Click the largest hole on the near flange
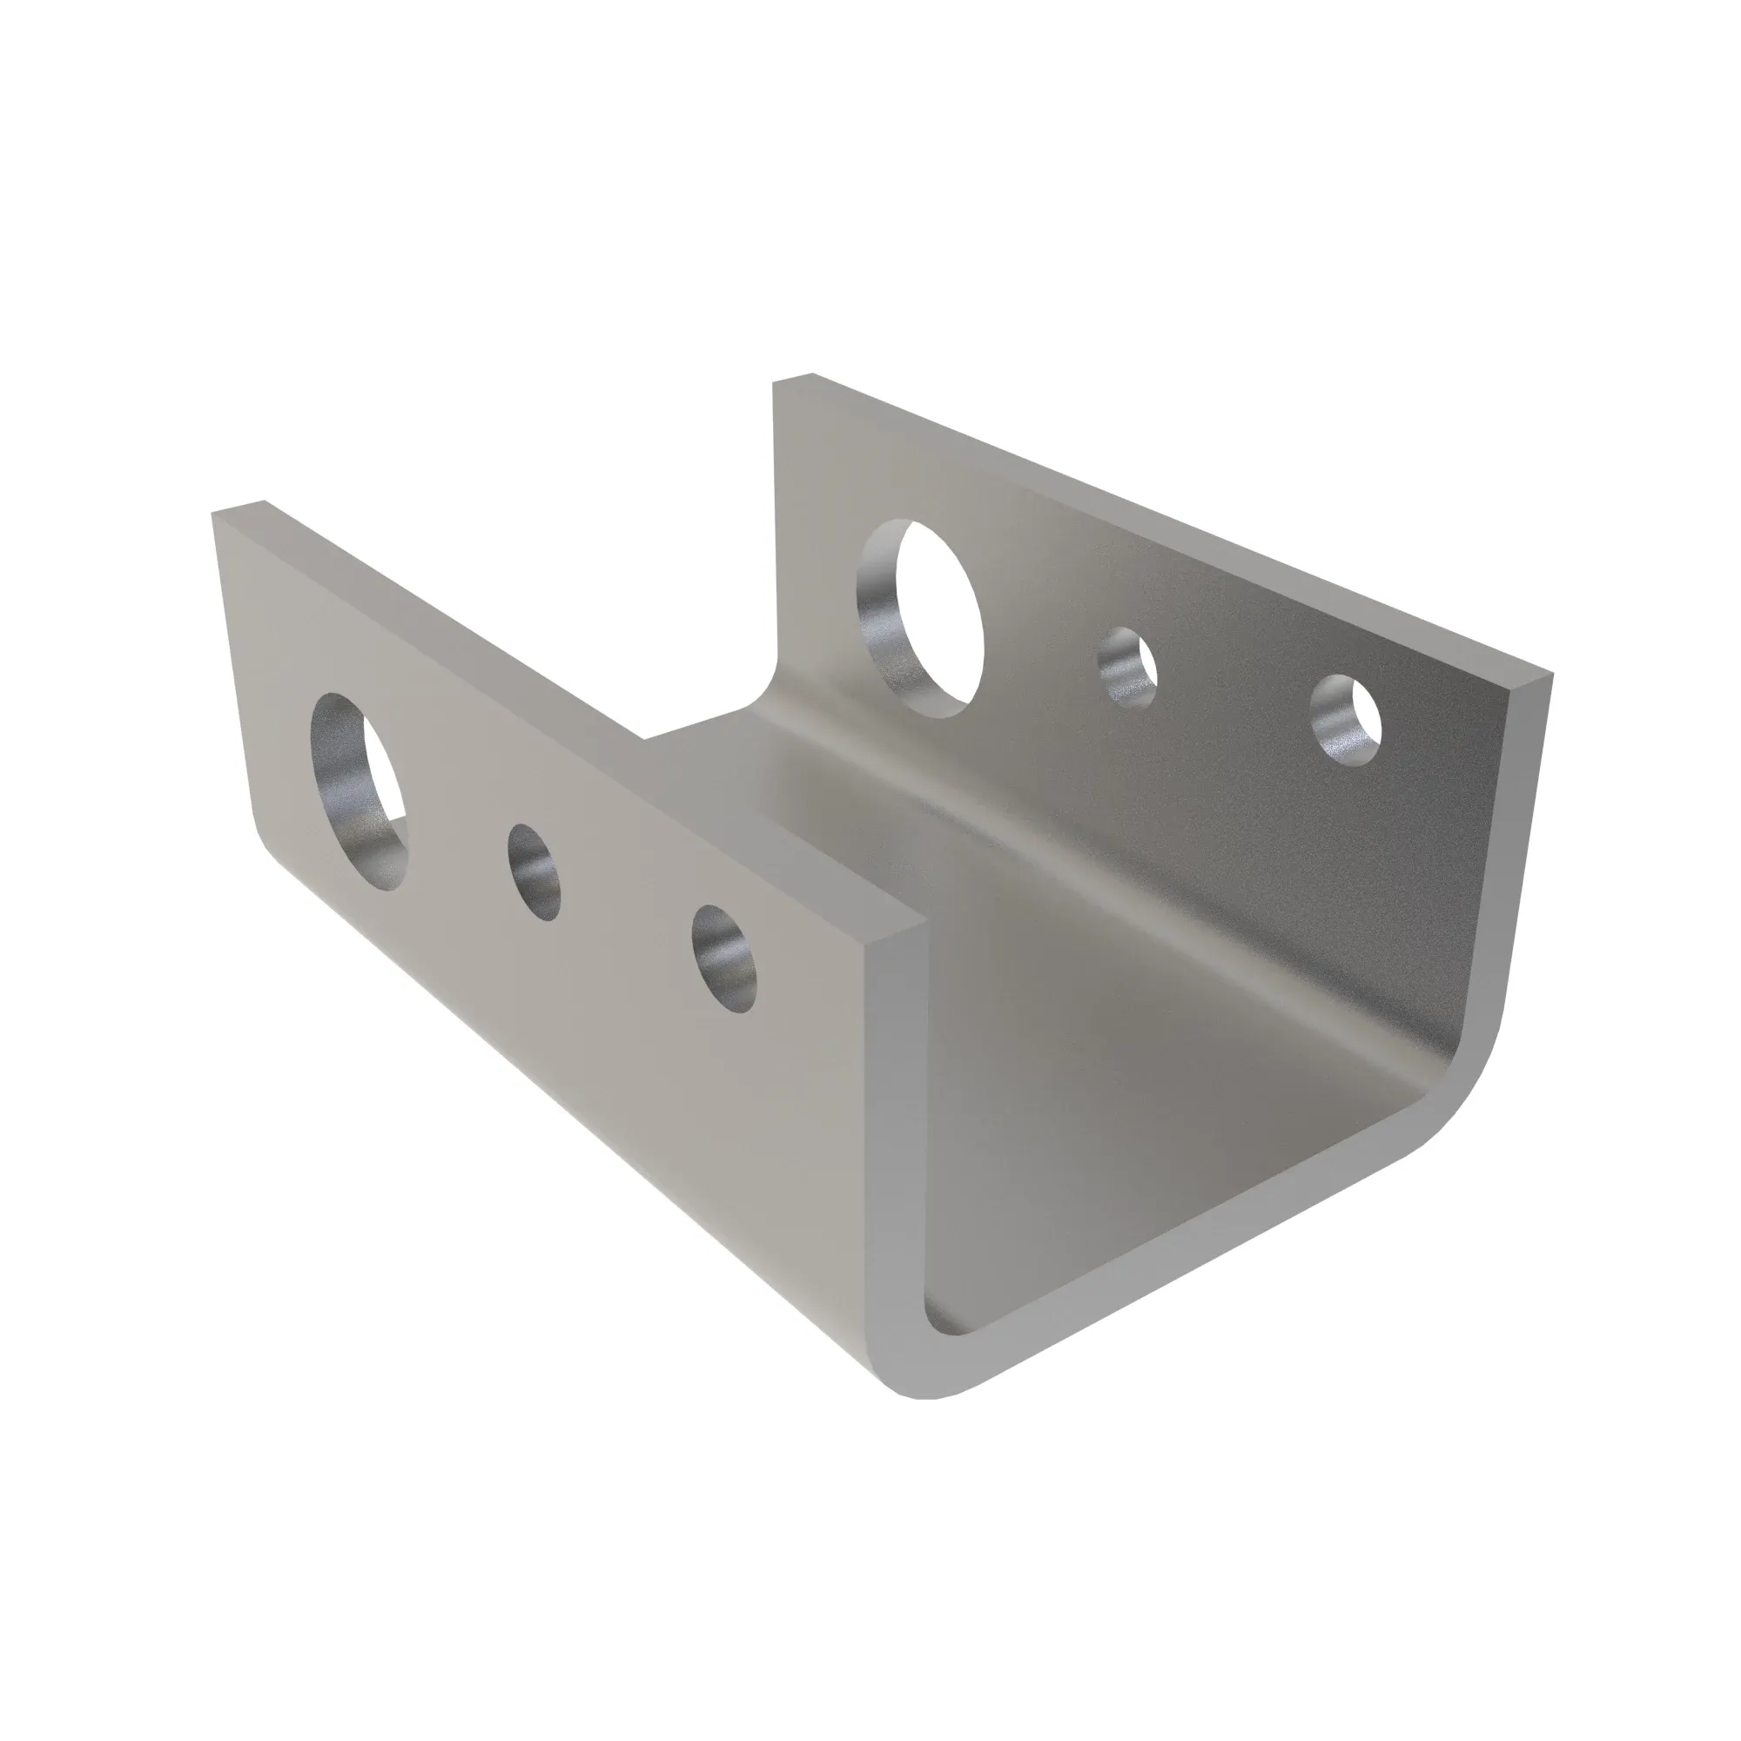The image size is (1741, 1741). pos(359,791)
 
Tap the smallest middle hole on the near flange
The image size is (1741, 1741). pos(534,871)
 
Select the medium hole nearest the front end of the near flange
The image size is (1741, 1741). pos(724,958)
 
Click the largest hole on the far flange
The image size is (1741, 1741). pos(921,618)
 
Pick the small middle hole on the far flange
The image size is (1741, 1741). pos(1127,667)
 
